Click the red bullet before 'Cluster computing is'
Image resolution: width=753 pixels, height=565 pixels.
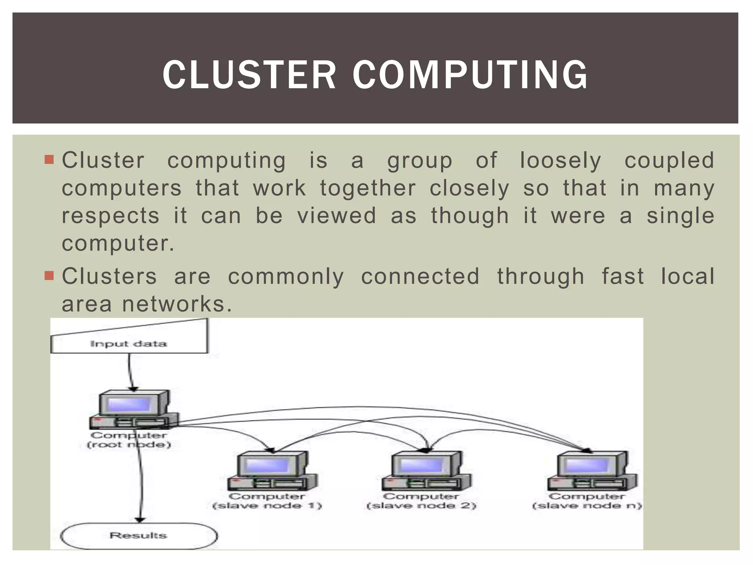point(49,160)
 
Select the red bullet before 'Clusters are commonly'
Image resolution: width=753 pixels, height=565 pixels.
point(49,276)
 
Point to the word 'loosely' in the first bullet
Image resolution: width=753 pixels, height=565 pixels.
point(560,161)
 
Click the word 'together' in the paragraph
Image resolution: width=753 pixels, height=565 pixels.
point(368,188)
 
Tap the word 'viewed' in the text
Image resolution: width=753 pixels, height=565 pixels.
point(337,216)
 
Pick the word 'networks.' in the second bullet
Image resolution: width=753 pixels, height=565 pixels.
point(177,304)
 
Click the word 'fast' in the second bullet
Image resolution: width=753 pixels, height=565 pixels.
point(622,276)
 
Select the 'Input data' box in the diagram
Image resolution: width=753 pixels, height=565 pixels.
point(128,344)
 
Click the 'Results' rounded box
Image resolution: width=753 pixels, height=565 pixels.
point(139,536)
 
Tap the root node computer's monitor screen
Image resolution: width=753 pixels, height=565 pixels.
point(128,404)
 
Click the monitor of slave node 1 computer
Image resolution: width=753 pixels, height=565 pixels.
point(267,465)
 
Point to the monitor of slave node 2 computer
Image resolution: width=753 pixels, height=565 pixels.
point(421,465)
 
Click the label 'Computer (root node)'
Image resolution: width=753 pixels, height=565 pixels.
point(129,440)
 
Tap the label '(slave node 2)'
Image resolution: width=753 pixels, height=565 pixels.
point(421,506)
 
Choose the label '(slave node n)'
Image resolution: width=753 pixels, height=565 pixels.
point(587,506)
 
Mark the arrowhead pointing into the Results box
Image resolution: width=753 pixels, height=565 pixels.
point(140,519)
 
